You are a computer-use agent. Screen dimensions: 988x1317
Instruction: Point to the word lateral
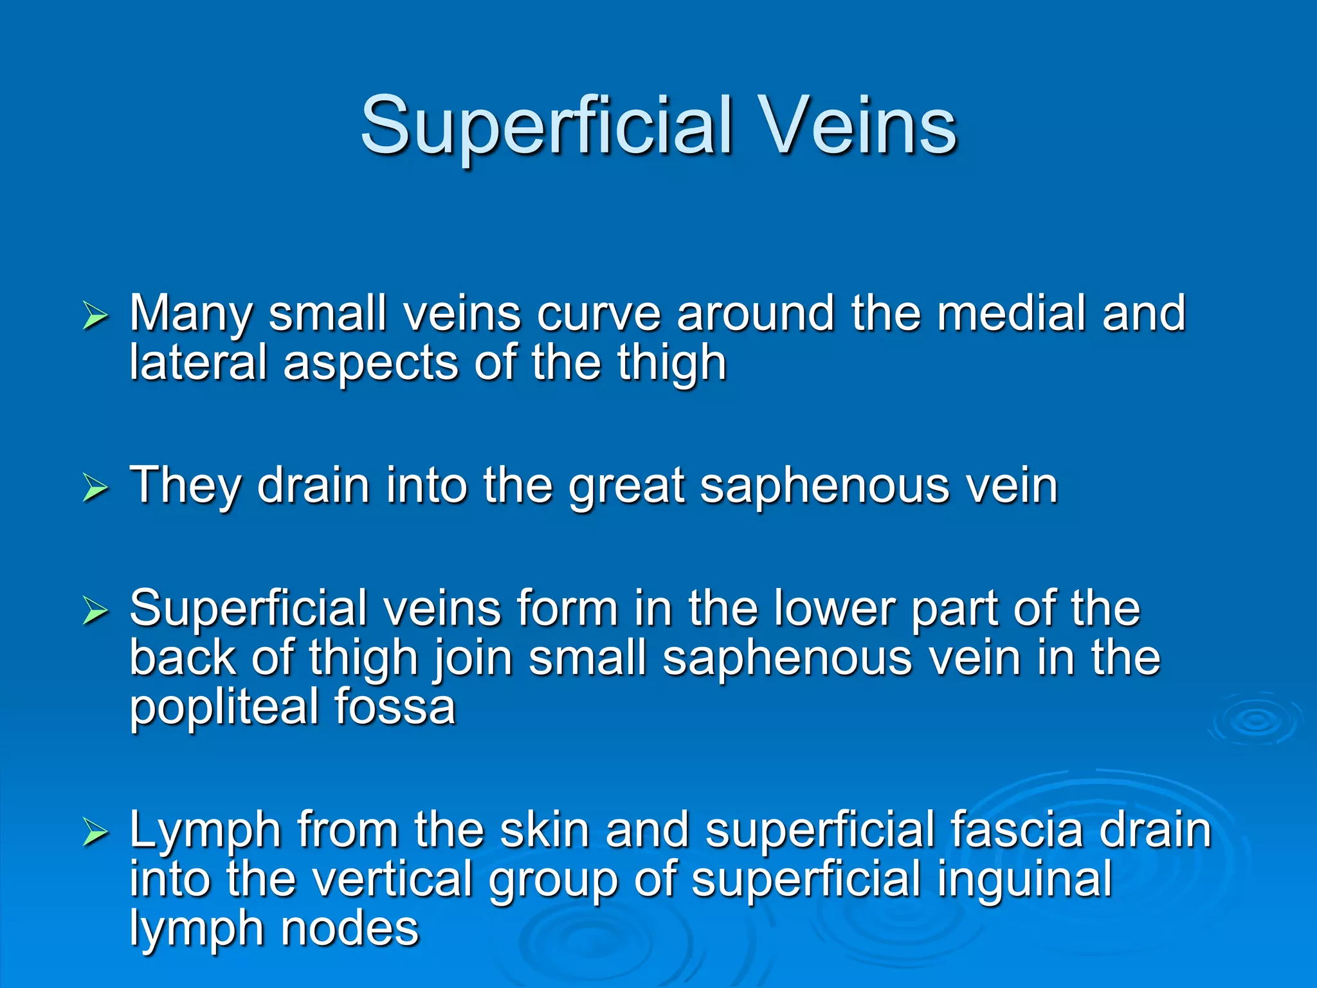pos(198,363)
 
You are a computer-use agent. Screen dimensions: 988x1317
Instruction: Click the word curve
pos(599,314)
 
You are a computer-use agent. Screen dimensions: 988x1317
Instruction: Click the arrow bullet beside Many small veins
pos(95,317)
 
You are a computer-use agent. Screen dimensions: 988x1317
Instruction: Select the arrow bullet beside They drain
pos(95,489)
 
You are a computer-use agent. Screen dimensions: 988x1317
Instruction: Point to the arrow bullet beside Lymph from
pos(95,833)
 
